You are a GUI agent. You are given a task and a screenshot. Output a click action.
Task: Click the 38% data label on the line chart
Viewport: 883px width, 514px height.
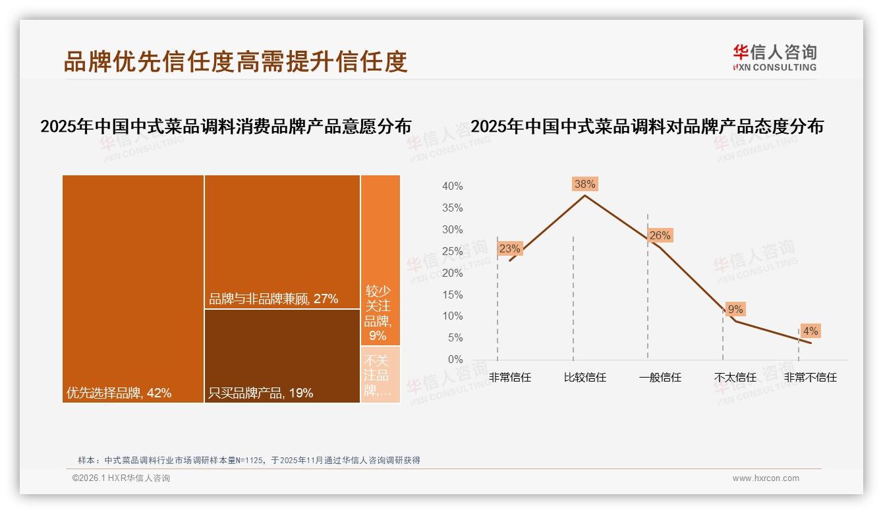tap(584, 185)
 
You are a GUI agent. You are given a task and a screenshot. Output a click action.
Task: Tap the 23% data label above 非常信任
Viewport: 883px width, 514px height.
tap(509, 248)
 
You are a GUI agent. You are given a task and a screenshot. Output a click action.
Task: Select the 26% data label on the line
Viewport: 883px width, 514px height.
tap(660, 236)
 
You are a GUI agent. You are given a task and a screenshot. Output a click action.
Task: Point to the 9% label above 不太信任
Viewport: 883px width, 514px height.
tap(735, 309)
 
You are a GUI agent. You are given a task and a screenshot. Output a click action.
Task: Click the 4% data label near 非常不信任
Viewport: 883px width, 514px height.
tap(811, 331)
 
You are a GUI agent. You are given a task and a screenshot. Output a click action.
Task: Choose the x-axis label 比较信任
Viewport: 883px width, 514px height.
tap(584, 378)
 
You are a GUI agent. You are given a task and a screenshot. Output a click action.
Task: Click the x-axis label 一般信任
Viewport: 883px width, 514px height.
tap(660, 378)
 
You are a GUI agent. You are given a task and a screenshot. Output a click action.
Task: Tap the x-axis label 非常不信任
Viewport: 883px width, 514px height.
tap(810, 378)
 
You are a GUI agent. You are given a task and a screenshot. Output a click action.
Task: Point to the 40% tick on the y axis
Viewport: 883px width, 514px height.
tap(452, 186)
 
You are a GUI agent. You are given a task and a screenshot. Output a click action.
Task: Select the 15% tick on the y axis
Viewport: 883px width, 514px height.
tap(452, 295)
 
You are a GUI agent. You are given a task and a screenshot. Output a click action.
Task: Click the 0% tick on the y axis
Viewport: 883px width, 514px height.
tap(455, 360)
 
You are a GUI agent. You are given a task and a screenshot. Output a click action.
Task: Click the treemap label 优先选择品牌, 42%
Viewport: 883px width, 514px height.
tap(119, 393)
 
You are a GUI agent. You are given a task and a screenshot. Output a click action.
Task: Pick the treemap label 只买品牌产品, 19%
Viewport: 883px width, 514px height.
tap(260, 393)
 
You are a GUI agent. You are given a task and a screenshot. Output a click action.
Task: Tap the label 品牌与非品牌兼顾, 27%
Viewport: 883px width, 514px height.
tap(273, 299)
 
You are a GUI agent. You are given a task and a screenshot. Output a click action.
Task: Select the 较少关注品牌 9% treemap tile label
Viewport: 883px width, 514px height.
tap(378, 312)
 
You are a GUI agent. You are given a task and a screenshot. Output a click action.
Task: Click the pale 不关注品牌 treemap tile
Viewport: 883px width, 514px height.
tap(380, 374)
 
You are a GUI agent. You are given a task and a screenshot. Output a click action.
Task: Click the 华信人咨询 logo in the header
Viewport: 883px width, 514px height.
tap(774, 57)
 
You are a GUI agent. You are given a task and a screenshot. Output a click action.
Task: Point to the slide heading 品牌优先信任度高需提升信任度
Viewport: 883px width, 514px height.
tap(235, 61)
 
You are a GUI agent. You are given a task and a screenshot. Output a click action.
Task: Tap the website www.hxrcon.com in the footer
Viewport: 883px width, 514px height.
tap(766, 478)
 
